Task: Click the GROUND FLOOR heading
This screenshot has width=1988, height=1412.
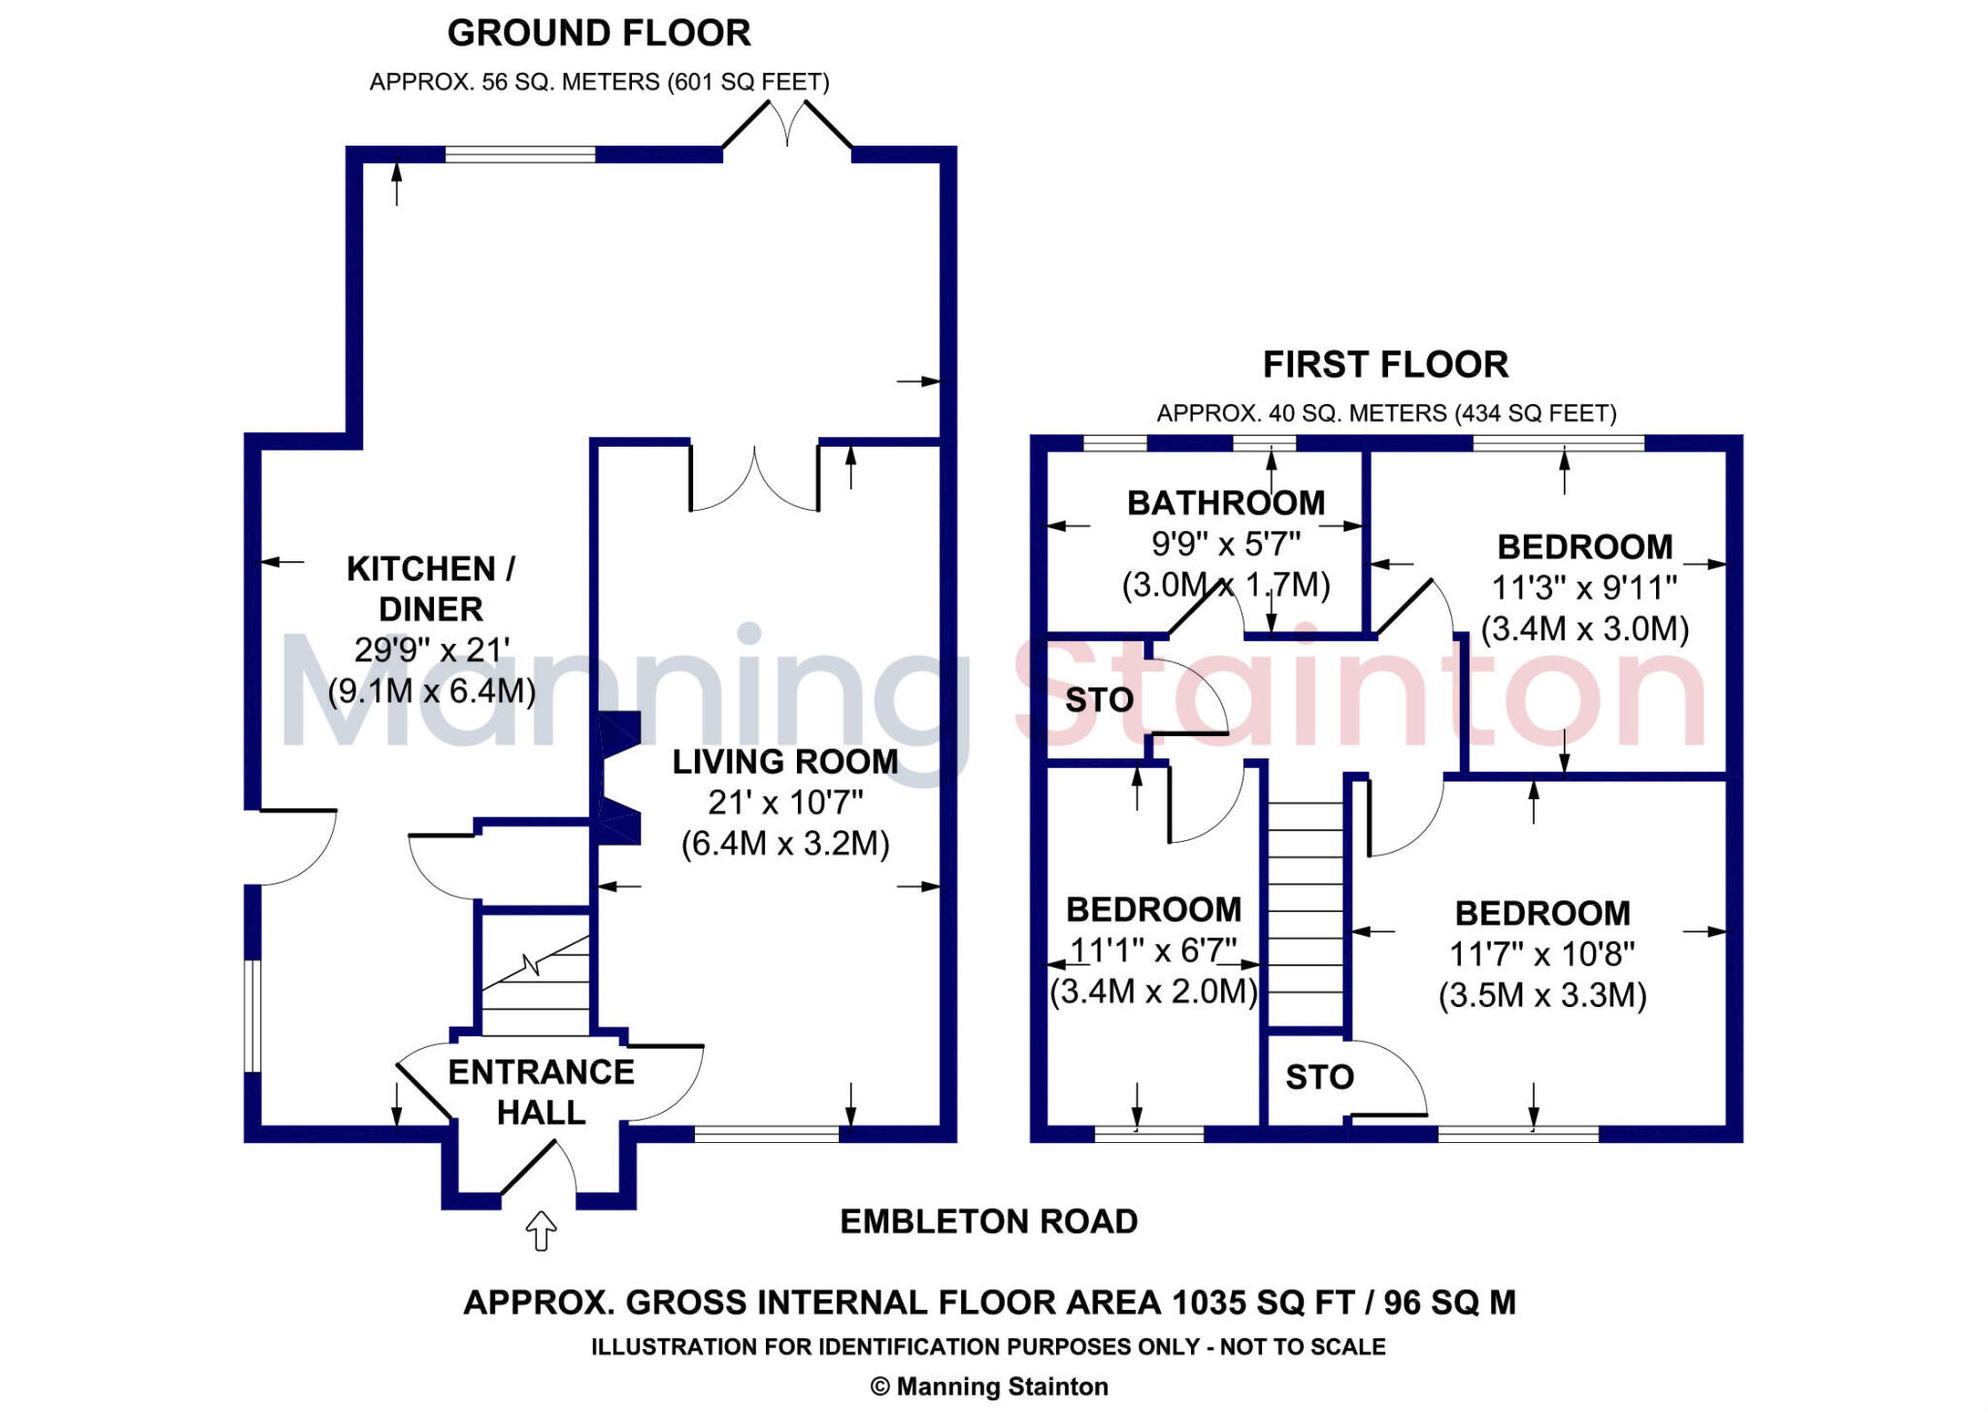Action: [x=598, y=34]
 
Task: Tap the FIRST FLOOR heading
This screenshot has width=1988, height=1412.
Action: [x=1385, y=365]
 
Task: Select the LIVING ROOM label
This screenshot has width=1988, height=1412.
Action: [x=784, y=762]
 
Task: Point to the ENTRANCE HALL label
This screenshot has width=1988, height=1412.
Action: [x=541, y=1092]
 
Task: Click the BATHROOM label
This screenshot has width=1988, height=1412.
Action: [x=1226, y=503]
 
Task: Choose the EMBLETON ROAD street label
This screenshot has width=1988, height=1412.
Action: [x=988, y=1222]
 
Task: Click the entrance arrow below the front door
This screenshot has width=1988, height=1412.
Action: [x=541, y=1230]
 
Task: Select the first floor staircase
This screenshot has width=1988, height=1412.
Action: [x=1306, y=913]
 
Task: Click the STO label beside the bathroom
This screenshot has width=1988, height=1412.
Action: [x=1099, y=700]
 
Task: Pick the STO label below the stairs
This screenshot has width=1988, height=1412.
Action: [x=1319, y=1077]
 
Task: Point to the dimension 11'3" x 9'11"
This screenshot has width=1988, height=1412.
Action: [x=1584, y=588]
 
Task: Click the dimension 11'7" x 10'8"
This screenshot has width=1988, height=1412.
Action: [x=1541, y=955]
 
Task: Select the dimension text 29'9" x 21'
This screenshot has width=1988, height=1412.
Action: [x=432, y=650]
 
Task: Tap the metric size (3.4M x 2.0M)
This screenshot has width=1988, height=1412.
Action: [x=1153, y=992]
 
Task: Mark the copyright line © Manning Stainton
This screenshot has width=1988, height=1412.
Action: [x=989, y=1387]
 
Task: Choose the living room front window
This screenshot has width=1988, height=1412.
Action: [x=767, y=1132]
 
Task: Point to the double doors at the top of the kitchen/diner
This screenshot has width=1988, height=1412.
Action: [x=787, y=126]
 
